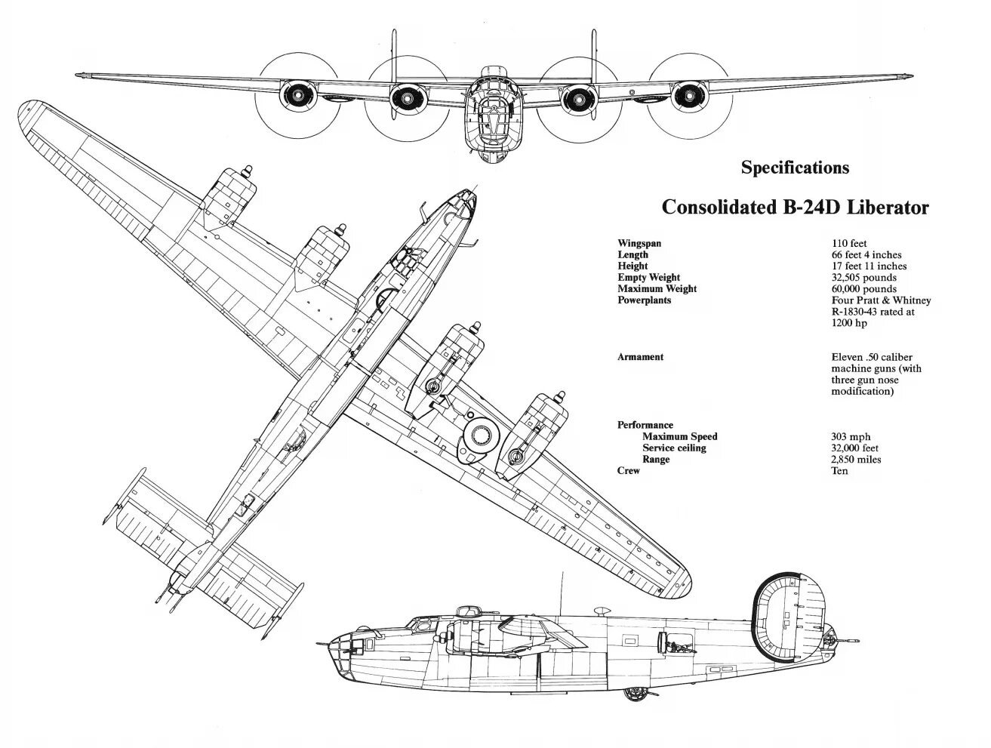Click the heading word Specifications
point(795,168)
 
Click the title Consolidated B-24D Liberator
point(795,208)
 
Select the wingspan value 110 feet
point(849,243)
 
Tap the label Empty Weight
point(649,278)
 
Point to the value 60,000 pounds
point(864,289)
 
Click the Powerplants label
point(645,300)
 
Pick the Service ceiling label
point(674,448)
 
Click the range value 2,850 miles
point(856,460)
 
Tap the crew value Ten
point(839,471)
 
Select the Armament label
point(640,356)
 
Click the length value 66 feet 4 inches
point(866,254)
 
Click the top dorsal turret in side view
point(467,611)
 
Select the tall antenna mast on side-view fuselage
point(562,593)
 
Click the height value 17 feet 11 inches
point(869,266)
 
